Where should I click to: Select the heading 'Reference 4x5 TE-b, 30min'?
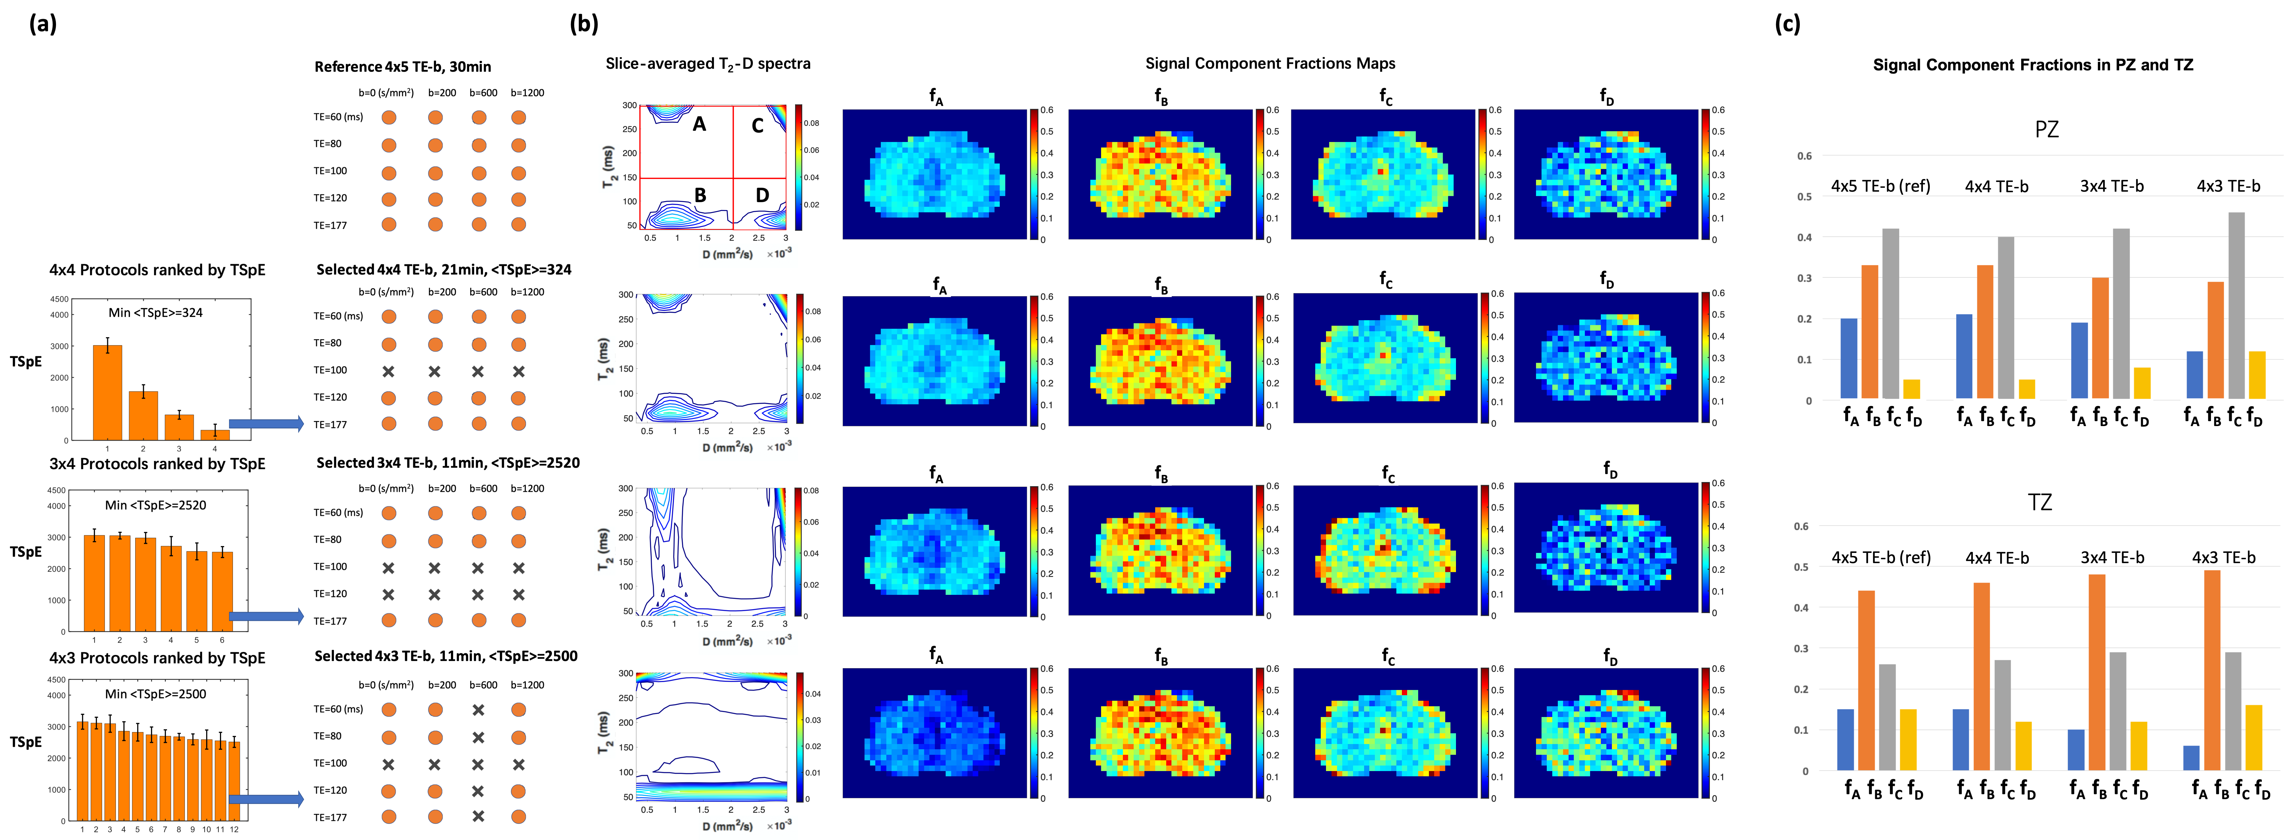[402, 66]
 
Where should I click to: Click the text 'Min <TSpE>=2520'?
[155, 505]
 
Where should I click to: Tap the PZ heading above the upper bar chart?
[2047, 130]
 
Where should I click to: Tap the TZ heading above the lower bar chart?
[2040, 502]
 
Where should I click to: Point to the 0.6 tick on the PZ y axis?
[1804, 156]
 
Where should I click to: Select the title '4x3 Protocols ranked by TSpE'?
[157, 658]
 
